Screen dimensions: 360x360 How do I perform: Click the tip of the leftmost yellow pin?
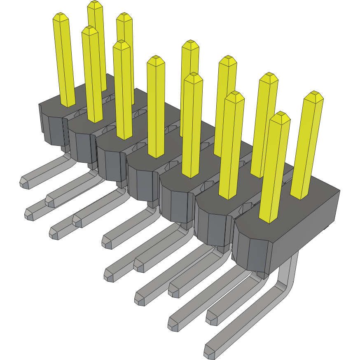[61, 17]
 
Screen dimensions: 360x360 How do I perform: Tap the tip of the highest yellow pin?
[95, 5]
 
